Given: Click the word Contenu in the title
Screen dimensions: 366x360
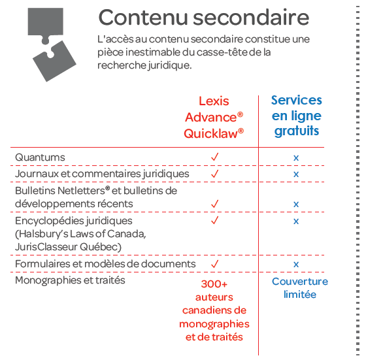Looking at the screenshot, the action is [x=143, y=18].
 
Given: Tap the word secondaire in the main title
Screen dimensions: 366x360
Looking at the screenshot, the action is [x=251, y=18].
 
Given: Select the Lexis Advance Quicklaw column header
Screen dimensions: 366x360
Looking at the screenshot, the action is [x=214, y=118].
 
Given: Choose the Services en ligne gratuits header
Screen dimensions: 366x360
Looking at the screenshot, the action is [x=297, y=116].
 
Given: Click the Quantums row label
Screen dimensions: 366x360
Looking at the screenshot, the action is [x=40, y=157].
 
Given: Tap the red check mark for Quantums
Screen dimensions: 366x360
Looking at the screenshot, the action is [x=215, y=157].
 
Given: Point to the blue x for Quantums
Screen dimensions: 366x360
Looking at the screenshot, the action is [x=296, y=158].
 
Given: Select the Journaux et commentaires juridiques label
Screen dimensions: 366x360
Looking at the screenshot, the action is [x=102, y=174].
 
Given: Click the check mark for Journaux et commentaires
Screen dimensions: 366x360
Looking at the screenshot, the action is [x=215, y=174].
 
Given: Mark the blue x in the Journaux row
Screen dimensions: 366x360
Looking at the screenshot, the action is [x=296, y=174].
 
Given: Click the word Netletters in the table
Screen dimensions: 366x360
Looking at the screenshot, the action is [x=84, y=191].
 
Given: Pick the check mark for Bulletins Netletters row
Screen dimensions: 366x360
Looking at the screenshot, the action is [x=215, y=204].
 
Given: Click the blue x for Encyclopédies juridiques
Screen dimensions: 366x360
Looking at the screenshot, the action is [x=296, y=221].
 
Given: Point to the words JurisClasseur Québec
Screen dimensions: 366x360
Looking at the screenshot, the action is [x=68, y=247].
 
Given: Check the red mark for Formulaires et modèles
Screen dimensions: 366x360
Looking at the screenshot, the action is [x=215, y=264].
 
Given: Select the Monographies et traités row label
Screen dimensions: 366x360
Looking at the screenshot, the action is [x=70, y=280].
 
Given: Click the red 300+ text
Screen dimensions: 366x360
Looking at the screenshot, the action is [x=214, y=284].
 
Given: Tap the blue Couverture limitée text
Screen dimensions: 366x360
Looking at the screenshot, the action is [x=300, y=288].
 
